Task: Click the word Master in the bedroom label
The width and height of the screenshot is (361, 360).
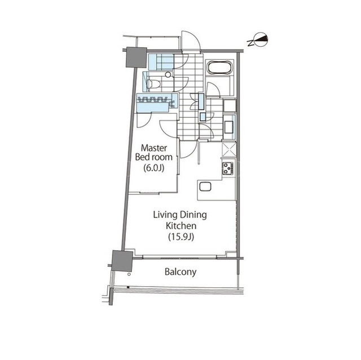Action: [x=154, y=148]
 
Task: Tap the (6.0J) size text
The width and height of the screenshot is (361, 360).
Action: [x=154, y=168]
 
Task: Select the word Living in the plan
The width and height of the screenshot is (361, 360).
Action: [x=165, y=215]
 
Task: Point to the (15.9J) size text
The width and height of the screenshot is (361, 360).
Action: [x=181, y=237]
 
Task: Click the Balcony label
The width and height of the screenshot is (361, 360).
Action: [x=180, y=272]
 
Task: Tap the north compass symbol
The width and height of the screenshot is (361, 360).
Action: [x=258, y=40]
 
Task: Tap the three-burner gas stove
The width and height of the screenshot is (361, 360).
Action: [x=228, y=168]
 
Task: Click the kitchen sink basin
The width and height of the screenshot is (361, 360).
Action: [x=205, y=186]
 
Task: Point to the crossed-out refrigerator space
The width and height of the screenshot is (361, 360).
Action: [x=229, y=150]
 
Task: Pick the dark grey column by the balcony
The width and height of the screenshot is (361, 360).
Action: [x=122, y=261]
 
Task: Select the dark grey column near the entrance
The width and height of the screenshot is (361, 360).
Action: [x=137, y=57]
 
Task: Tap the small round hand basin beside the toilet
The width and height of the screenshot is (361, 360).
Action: [x=168, y=74]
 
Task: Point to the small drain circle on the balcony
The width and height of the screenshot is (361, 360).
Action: [x=129, y=274]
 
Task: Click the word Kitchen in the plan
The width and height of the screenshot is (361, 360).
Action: [x=181, y=226]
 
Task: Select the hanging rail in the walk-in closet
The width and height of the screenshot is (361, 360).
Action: [x=152, y=100]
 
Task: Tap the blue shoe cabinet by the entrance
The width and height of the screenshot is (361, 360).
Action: [x=161, y=62]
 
